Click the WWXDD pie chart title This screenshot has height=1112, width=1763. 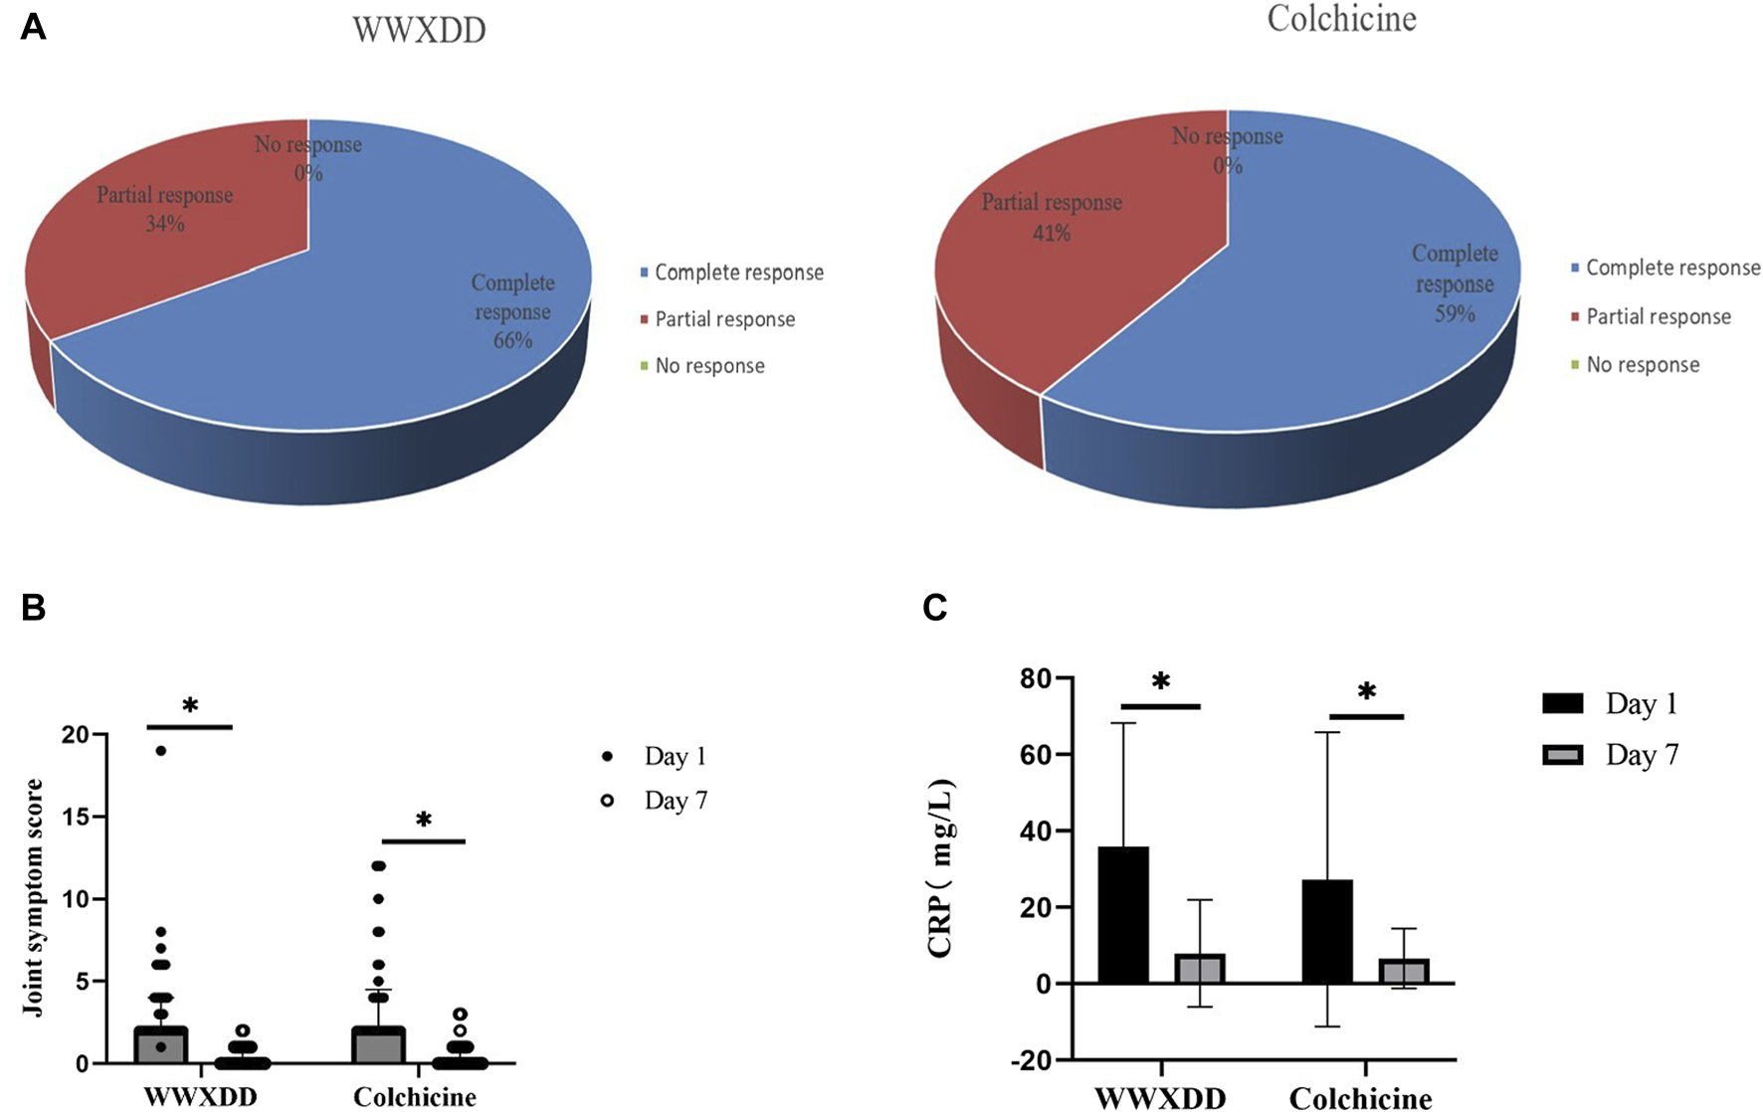(x=419, y=30)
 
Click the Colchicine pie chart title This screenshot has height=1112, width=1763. (x=1340, y=18)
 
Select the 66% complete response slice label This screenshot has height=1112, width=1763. (x=512, y=311)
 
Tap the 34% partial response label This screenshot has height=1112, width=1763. (x=164, y=209)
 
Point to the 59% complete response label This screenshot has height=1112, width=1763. (x=1454, y=283)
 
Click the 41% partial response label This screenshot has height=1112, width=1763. (x=1052, y=217)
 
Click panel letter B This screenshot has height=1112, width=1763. (x=33, y=608)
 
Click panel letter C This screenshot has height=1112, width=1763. (x=934, y=608)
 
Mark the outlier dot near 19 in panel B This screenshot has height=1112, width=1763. (x=161, y=751)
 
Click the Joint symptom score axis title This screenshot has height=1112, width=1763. (x=33, y=898)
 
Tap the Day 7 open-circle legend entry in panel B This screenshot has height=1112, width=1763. (x=657, y=801)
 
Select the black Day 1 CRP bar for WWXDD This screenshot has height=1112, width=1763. (x=1123, y=914)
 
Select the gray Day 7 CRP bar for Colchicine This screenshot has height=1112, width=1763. (x=1404, y=971)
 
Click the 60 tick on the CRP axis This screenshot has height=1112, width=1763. (x=1037, y=755)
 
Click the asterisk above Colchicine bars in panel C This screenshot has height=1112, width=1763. (x=1366, y=691)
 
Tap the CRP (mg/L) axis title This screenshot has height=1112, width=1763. (x=940, y=868)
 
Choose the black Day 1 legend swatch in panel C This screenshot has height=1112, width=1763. (x=1562, y=704)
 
